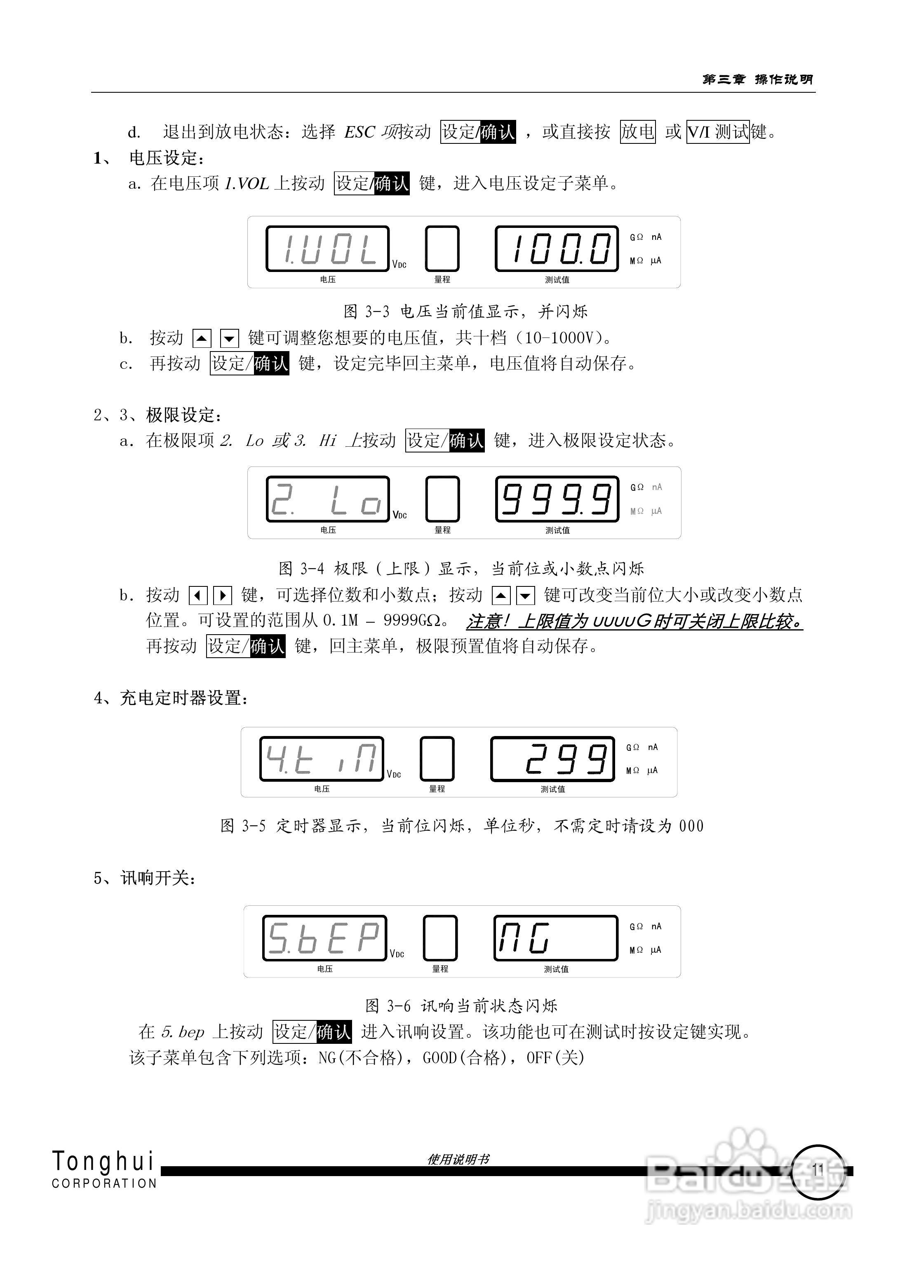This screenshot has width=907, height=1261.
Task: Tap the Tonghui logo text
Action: point(103,1161)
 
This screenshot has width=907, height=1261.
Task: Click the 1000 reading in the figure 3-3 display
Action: point(557,248)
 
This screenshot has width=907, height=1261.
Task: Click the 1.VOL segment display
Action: point(327,248)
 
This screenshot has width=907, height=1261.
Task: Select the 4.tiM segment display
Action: point(322,758)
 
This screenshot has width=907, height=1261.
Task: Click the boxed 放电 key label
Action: point(637,132)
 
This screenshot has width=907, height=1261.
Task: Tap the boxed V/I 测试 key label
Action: point(718,132)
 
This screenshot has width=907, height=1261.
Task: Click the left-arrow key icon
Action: point(198,595)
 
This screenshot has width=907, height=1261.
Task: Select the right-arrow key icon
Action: point(223,595)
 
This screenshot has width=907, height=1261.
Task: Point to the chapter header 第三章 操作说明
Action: point(757,80)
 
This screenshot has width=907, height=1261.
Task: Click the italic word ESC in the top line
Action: point(359,132)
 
